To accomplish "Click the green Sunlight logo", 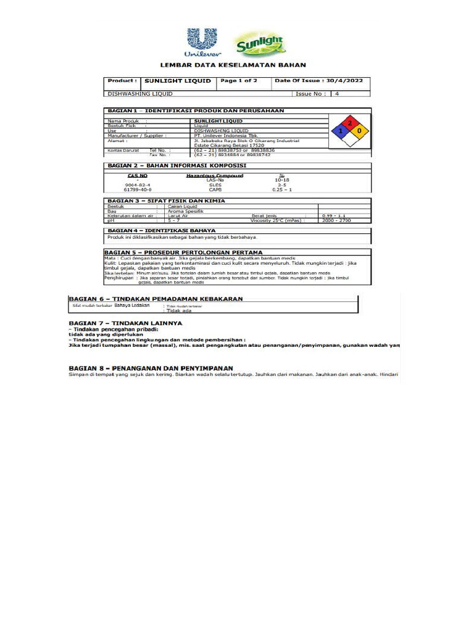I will point(259,46).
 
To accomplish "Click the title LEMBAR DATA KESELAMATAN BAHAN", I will point(233,65).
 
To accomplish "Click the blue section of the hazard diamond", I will point(339,131).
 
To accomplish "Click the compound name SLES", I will point(215,185).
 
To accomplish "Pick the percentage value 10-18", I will point(281,180).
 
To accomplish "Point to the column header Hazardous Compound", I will point(215,175).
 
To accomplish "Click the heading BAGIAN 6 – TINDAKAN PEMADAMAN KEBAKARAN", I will point(155,299).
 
